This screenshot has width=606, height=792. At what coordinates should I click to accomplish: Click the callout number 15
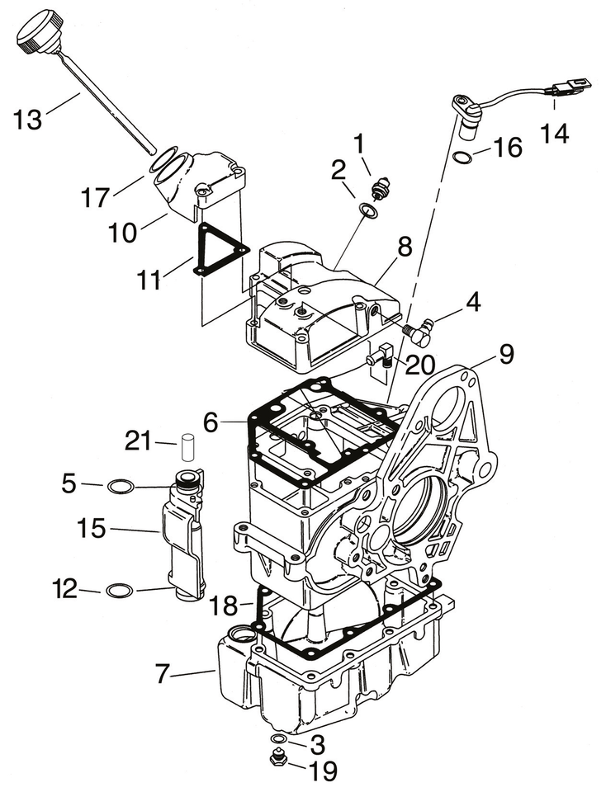(x=92, y=529)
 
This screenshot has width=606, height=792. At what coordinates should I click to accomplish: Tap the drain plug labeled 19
(x=279, y=759)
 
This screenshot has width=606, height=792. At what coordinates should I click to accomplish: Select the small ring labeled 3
(x=279, y=737)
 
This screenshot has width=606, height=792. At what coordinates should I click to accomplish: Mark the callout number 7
(x=163, y=675)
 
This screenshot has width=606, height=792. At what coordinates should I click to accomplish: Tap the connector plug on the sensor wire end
(x=569, y=85)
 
